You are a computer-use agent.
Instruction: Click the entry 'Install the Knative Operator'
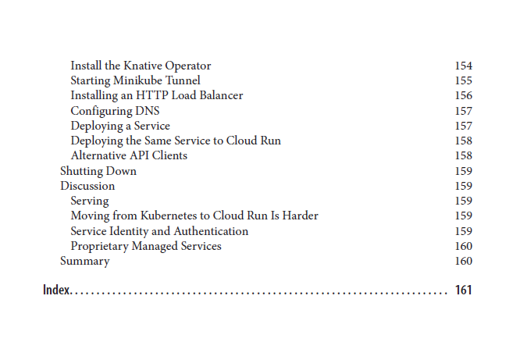(x=141, y=66)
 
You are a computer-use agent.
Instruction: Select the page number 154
(x=463, y=66)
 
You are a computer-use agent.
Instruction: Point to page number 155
(x=463, y=80)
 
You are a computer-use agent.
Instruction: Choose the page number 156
(x=463, y=95)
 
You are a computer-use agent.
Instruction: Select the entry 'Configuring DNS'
(x=115, y=111)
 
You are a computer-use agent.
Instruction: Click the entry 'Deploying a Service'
(x=120, y=126)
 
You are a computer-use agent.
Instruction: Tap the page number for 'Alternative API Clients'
(x=463, y=155)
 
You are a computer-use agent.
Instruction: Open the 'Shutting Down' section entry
(x=98, y=171)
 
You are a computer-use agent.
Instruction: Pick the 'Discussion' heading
(x=87, y=186)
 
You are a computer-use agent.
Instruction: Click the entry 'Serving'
(x=90, y=201)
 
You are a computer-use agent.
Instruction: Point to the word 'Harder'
(x=299, y=216)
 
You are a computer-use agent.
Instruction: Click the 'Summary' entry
(x=85, y=261)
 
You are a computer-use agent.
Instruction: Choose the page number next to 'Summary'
(x=463, y=261)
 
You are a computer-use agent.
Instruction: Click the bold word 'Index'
(x=56, y=290)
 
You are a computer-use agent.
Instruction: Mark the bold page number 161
(x=463, y=290)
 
